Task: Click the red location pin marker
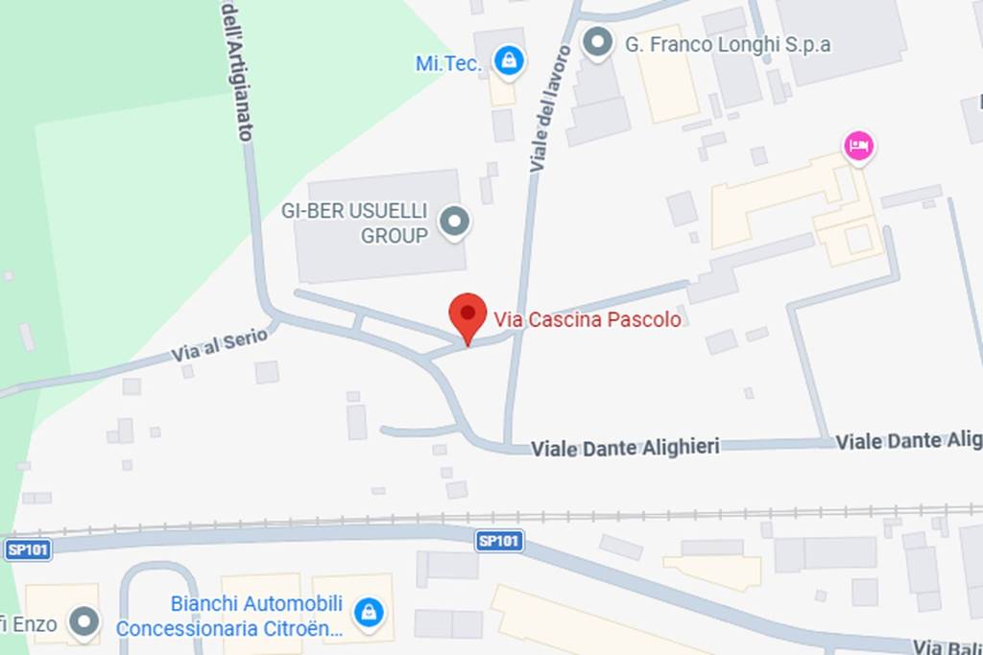pyautogui.click(x=468, y=316)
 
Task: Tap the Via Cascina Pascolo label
pyautogui.click(x=587, y=319)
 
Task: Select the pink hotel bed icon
pyautogui.click(x=858, y=147)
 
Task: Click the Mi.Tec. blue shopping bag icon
pyautogui.click(x=509, y=61)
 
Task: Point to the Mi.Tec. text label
pyautogui.click(x=447, y=63)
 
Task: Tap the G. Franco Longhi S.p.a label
pyautogui.click(x=728, y=44)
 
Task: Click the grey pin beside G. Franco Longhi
pyautogui.click(x=599, y=42)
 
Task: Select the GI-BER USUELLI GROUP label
pyautogui.click(x=354, y=222)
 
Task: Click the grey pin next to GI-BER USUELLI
pyautogui.click(x=454, y=222)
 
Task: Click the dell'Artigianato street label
pyautogui.click(x=236, y=72)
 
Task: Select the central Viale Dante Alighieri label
pyautogui.click(x=625, y=447)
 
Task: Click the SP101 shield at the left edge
pyautogui.click(x=28, y=550)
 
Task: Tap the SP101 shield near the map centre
pyautogui.click(x=499, y=542)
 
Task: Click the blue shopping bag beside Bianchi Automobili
pyautogui.click(x=368, y=612)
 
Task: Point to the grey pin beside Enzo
pyautogui.click(x=85, y=621)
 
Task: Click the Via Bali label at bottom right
pyautogui.click(x=947, y=646)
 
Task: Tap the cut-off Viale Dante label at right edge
pyautogui.click(x=908, y=441)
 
